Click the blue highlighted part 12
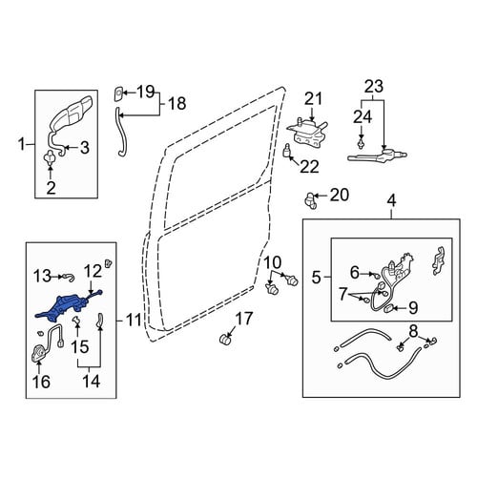(x=65, y=306)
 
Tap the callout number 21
(x=314, y=98)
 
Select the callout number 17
(x=244, y=319)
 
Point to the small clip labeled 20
(x=310, y=200)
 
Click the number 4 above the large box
(x=391, y=201)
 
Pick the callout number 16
(x=41, y=382)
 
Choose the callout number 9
(x=412, y=308)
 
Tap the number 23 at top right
(x=374, y=86)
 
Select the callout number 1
(x=21, y=145)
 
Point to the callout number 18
(x=176, y=103)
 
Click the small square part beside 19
(x=118, y=93)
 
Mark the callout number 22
(x=309, y=167)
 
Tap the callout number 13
(x=42, y=276)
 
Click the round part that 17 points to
(x=225, y=339)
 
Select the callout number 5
(x=317, y=278)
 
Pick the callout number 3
(x=84, y=148)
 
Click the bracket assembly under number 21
(x=307, y=133)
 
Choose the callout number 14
(x=92, y=381)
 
